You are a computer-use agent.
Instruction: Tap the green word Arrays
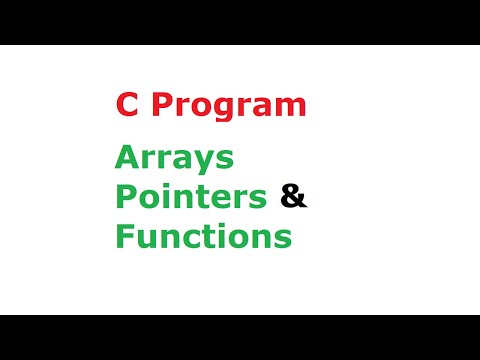(x=174, y=159)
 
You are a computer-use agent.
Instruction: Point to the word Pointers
(x=191, y=197)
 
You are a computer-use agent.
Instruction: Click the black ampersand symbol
(x=294, y=197)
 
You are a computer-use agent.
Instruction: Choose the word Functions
(x=203, y=237)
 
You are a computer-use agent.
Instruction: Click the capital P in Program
(x=155, y=106)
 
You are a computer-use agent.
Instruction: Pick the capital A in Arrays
(x=125, y=157)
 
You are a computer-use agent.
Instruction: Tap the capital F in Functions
(x=123, y=237)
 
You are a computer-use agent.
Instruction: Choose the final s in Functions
(x=283, y=240)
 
